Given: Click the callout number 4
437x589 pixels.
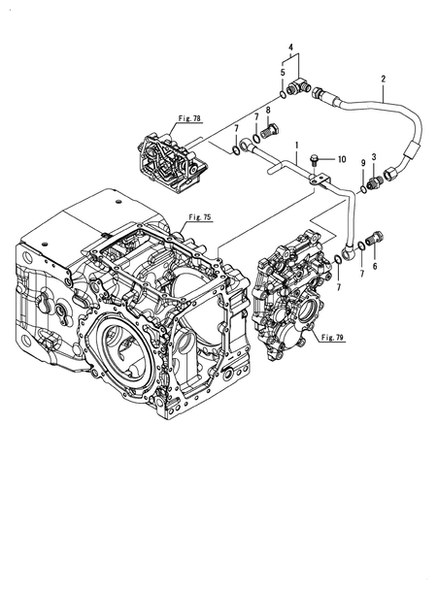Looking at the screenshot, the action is pyautogui.click(x=290, y=48).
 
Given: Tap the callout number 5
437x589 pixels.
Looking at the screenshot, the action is pyautogui.click(x=283, y=72).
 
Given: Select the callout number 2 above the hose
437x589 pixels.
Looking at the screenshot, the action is pyautogui.click(x=384, y=79).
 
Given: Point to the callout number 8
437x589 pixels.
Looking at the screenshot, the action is pyautogui.click(x=268, y=110).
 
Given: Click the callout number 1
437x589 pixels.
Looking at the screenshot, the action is pyautogui.click(x=297, y=145).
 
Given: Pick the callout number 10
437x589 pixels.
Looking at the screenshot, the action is pyautogui.click(x=342, y=160).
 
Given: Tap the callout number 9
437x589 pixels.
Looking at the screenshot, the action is pyautogui.click(x=363, y=163).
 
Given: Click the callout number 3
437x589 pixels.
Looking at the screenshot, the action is pyautogui.click(x=374, y=156).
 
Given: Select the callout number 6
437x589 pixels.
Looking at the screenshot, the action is pyautogui.click(x=375, y=266).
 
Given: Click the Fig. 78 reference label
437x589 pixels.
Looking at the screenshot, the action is pyautogui.click(x=189, y=118).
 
